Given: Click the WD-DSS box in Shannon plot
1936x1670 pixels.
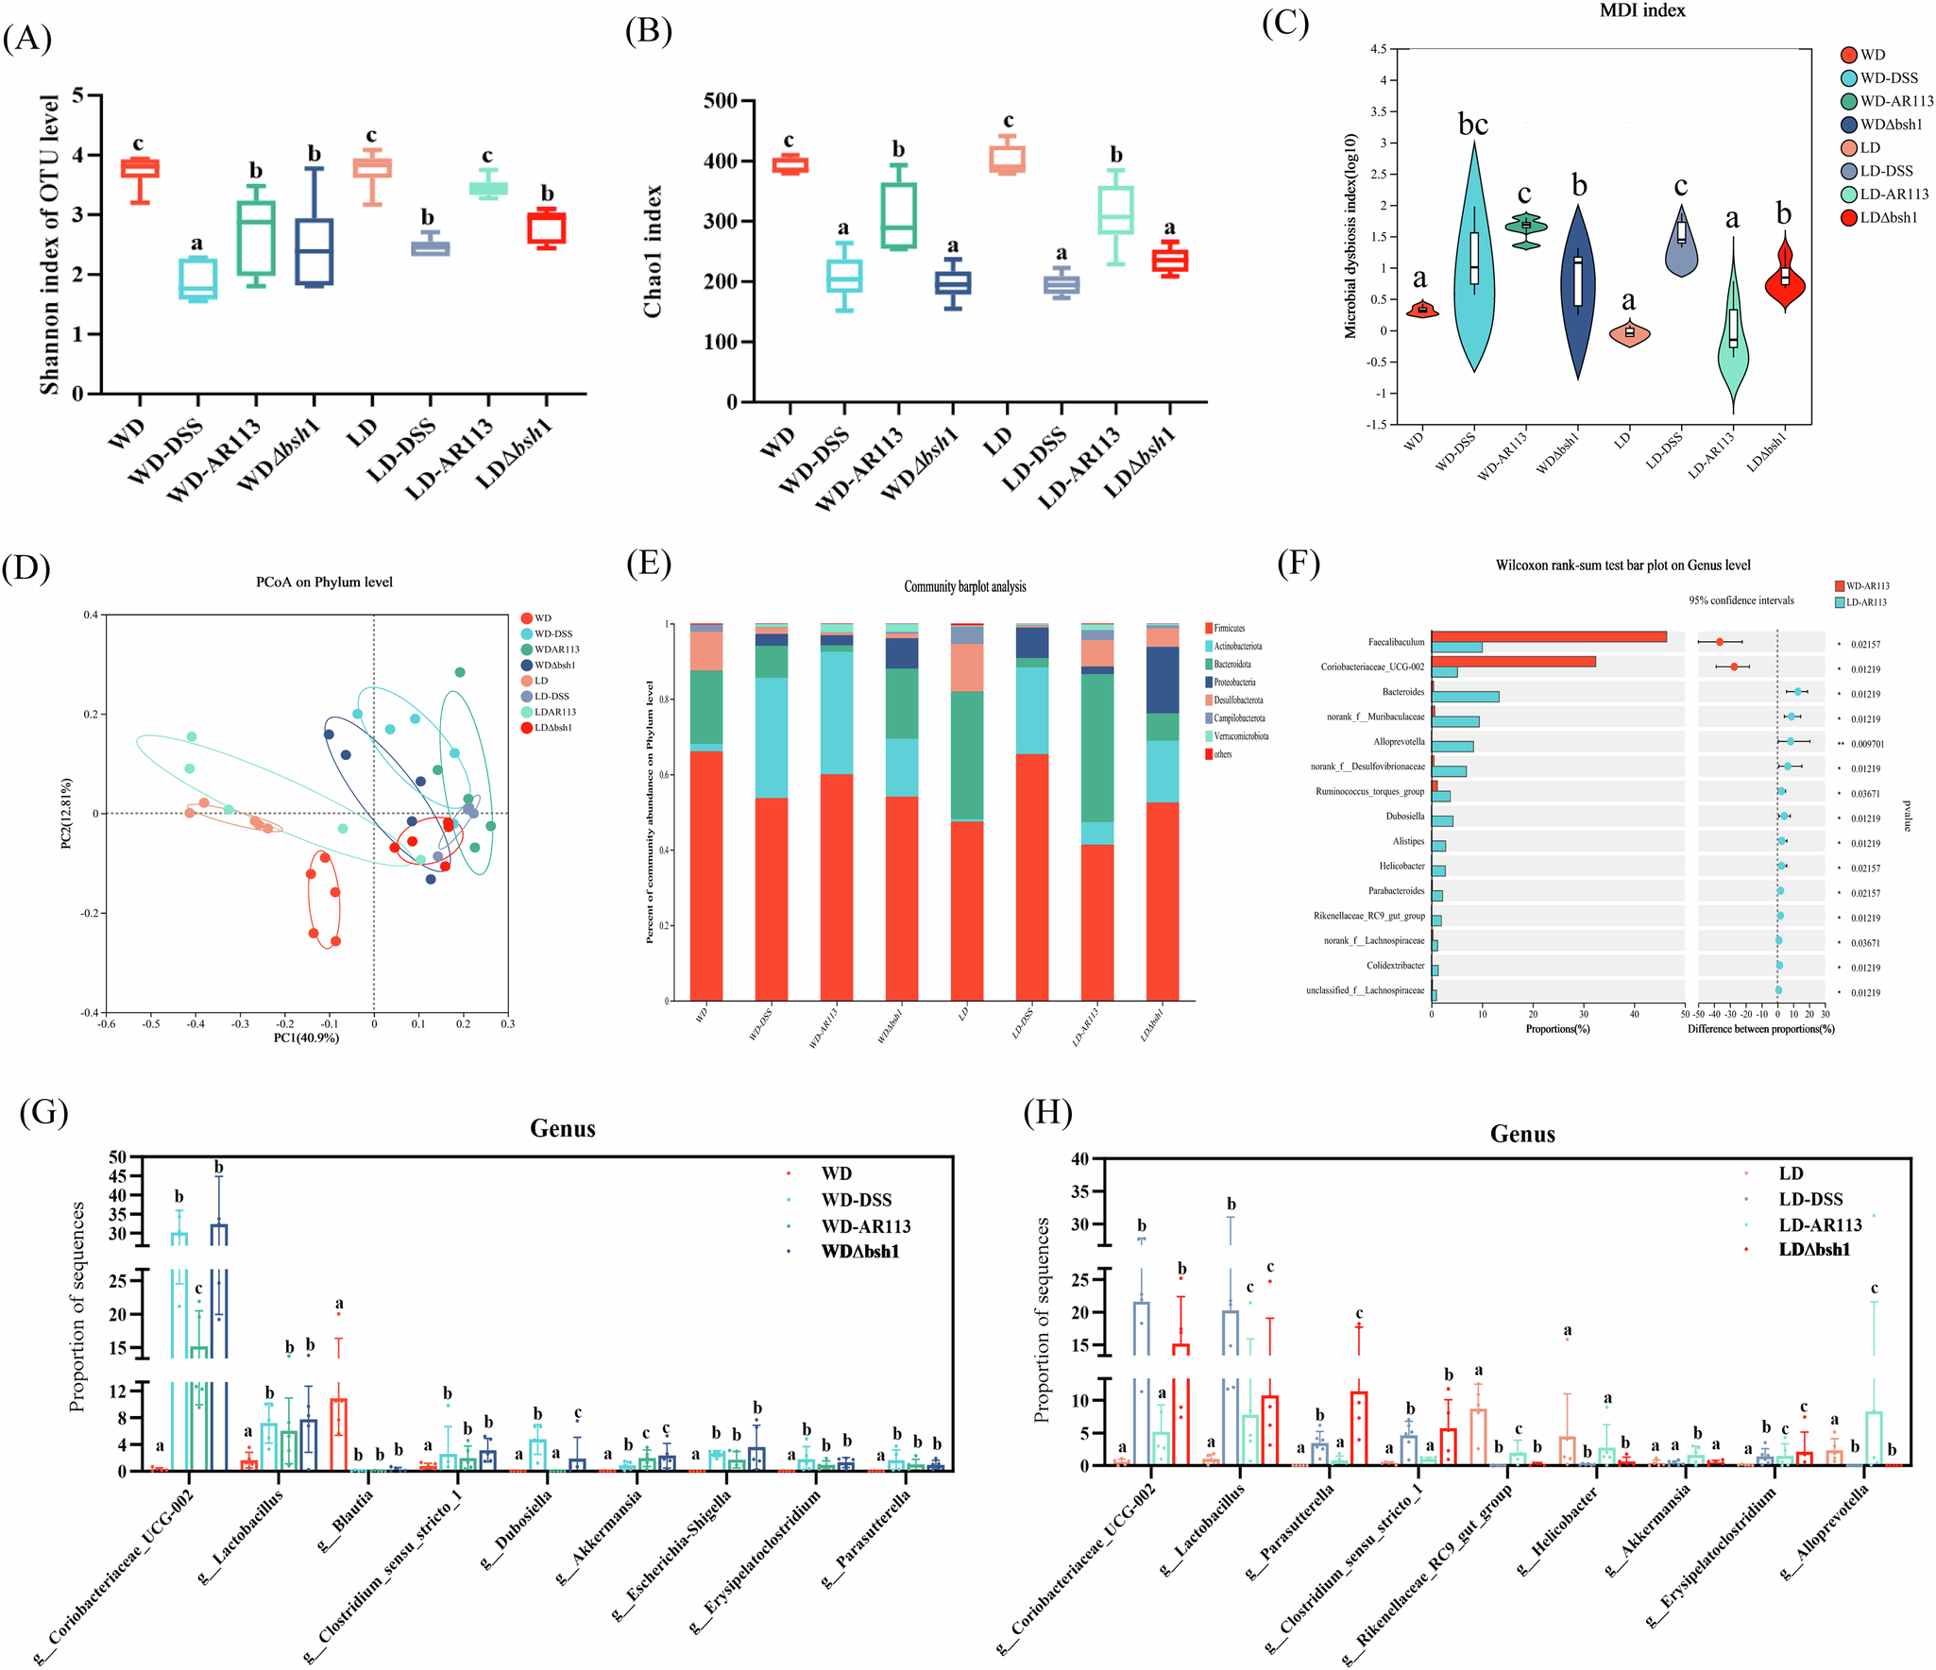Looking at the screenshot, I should coord(197,278).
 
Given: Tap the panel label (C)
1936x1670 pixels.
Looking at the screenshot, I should coord(1285,23).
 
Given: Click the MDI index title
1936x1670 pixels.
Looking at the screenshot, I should coord(1642,10).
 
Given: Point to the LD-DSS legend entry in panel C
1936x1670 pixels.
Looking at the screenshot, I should coord(1886,171).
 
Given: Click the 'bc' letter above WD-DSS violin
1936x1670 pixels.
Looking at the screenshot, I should coord(1472,124).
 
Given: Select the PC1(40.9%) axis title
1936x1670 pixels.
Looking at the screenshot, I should coord(306,1037).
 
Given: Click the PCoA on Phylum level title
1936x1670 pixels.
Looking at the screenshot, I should coord(324,582).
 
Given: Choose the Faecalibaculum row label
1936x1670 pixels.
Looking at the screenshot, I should coord(1396,642).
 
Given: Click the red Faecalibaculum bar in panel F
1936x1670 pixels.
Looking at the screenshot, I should coord(1549,636).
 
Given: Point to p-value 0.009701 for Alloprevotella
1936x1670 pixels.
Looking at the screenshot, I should coord(1867,744).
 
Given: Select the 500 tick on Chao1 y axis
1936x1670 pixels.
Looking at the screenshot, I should coord(720,101).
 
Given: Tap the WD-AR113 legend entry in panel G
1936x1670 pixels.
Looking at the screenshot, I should coord(865,1226).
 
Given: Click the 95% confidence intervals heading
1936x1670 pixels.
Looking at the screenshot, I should coord(1741,600).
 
